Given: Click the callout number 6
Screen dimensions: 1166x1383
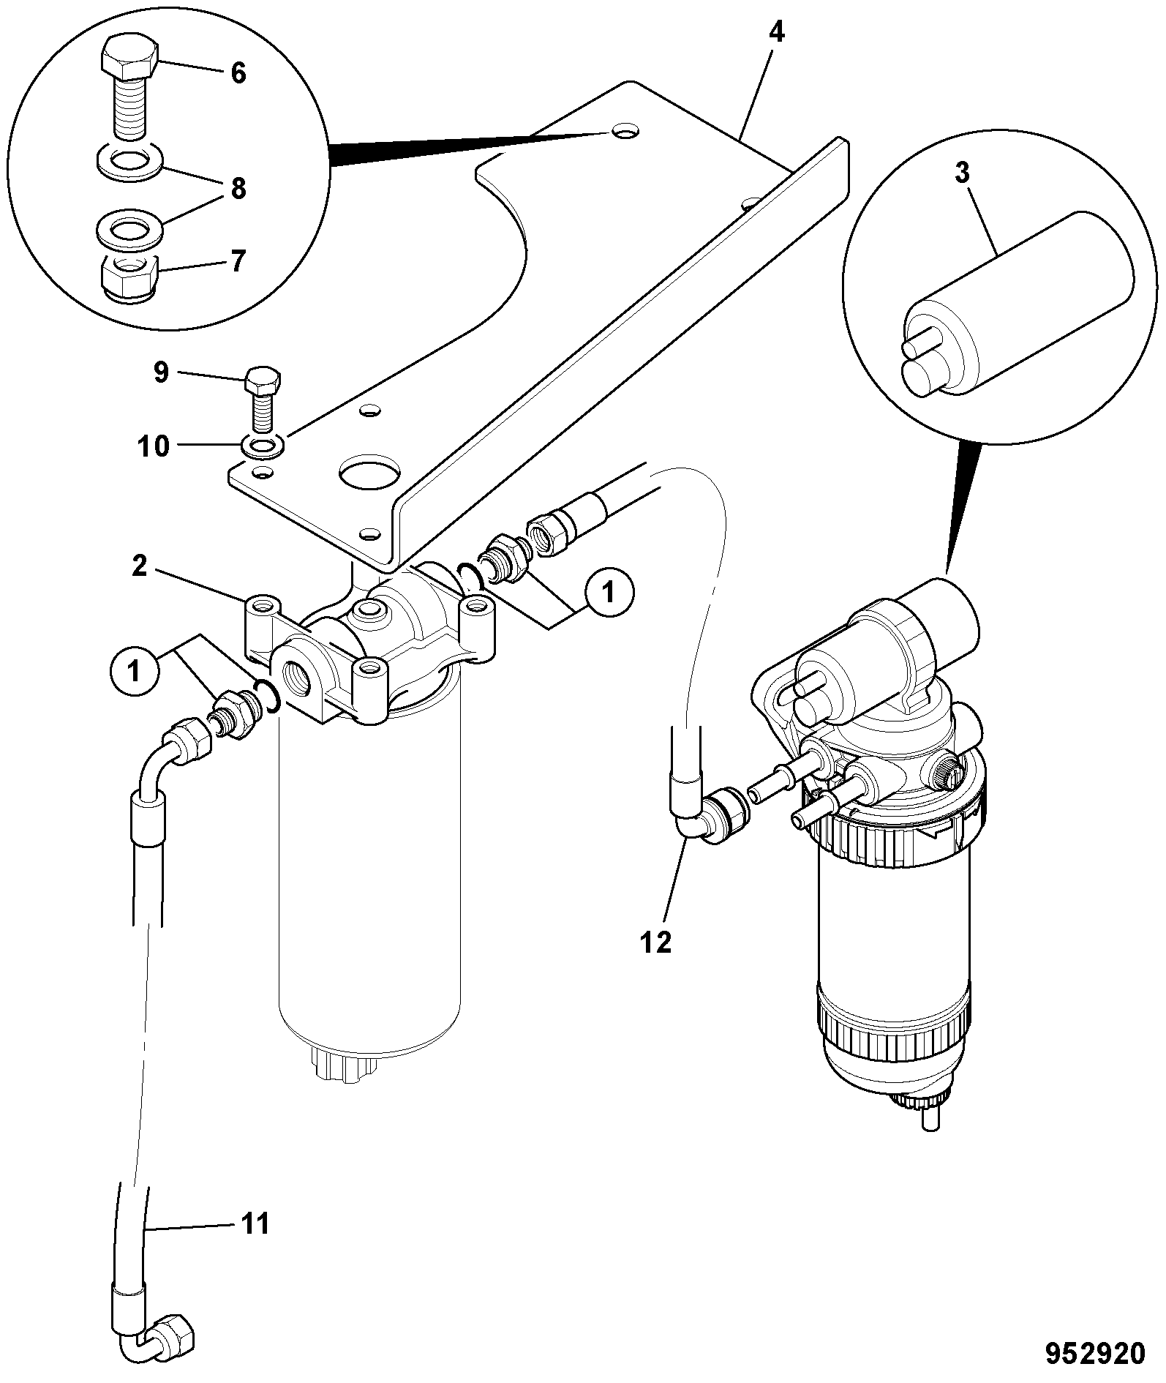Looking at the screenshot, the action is click(238, 74).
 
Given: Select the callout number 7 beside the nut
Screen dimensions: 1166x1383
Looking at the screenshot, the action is click(238, 261).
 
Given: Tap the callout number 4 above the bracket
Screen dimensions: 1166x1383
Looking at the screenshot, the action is click(776, 33).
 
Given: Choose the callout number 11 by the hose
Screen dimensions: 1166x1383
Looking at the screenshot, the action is click(256, 1223).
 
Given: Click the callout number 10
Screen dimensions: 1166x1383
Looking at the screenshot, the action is click(154, 446).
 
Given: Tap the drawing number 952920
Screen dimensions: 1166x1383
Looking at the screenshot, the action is click(1094, 1353).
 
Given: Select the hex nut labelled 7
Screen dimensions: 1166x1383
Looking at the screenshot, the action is click(129, 277).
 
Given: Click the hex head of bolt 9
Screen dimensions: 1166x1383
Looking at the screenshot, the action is click(263, 381).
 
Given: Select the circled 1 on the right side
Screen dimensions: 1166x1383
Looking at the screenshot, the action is click(607, 591).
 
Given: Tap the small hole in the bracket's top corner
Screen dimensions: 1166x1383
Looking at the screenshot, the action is click(625, 132).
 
